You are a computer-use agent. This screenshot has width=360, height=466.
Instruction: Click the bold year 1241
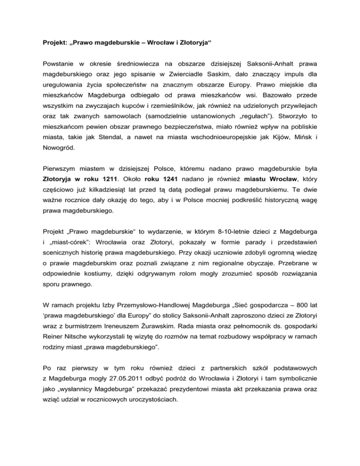pyautogui.click(x=165, y=179)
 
